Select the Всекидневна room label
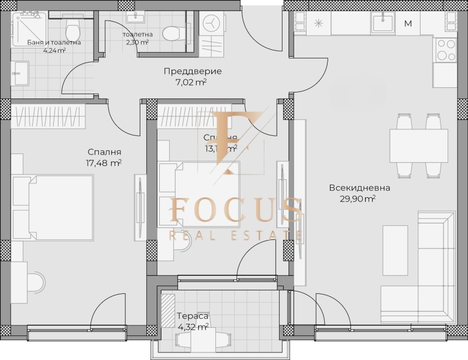pos(359,188)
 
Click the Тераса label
pos(193,316)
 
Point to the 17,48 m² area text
pos(103,163)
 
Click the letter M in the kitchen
pos(408,24)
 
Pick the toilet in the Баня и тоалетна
pos(73,28)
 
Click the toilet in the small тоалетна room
pos(172,31)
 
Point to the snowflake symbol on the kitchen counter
pos(319,24)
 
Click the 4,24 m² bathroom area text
pos(54,50)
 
